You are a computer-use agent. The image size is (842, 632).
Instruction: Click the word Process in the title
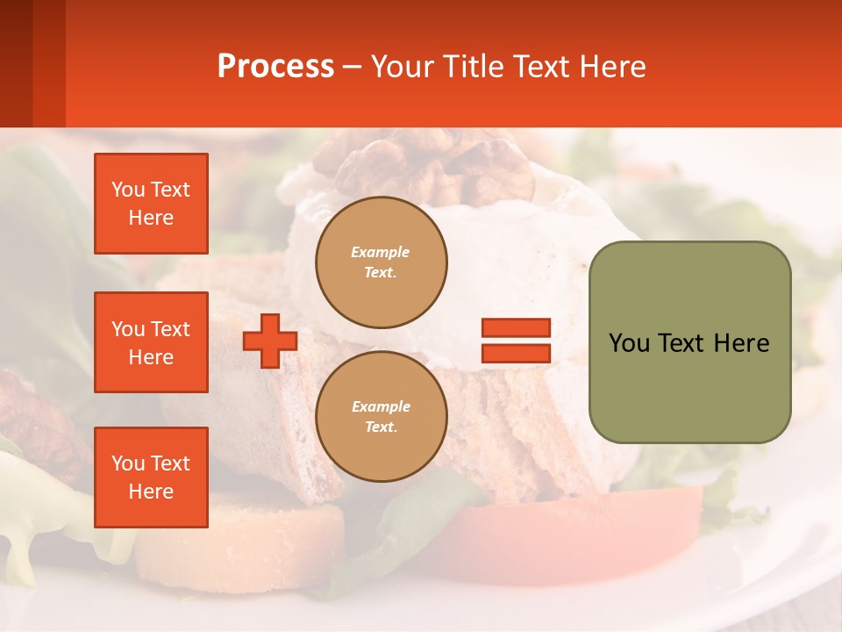(x=275, y=67)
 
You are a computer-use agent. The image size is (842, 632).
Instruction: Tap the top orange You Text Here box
(x=151, y=204)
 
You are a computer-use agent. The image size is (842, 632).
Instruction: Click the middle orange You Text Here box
(x=151, y=342)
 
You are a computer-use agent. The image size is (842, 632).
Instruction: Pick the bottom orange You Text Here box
(x=151, y=478)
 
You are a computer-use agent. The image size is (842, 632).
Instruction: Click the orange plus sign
(x=269, y=341)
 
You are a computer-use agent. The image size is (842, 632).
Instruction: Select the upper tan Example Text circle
(x=381, y=262)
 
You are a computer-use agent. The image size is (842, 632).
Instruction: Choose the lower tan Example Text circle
(x=381, y=416)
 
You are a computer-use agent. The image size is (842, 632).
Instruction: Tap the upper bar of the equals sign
(x=516, y=327)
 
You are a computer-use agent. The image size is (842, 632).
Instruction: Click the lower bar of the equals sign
(x=516, y=353)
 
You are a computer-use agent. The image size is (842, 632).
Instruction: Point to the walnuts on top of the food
(x=421, y=162)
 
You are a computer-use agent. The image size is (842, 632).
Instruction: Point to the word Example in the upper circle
(x=381, y=252)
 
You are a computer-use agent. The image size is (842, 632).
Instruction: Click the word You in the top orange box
(x=128, y=190)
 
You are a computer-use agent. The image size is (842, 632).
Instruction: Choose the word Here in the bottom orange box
(x=151, y=492)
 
